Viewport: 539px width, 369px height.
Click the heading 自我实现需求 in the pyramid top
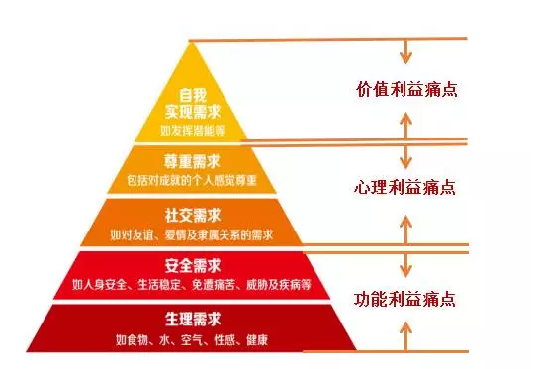193,104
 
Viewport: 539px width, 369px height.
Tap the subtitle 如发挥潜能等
193,130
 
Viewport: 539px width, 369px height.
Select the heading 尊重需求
192,161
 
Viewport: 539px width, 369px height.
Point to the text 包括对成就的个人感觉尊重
192,180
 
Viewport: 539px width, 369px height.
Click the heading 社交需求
193,216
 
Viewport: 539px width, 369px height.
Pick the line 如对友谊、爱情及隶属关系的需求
192,234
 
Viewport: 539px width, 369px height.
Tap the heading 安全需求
193,266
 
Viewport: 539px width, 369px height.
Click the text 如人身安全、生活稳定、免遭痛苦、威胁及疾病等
192,284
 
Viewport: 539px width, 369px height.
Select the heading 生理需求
193,320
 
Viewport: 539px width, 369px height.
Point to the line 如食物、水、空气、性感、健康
192,340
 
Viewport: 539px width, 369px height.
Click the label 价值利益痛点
407,90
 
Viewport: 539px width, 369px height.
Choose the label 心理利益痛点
404,188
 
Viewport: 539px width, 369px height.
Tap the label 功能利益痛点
404,299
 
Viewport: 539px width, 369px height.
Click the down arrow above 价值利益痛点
406,51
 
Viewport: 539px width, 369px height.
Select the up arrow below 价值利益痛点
406,126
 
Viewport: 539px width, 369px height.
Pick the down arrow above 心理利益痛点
406,156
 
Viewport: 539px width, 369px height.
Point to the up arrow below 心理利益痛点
406,231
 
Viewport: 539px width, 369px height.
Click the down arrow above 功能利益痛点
406,265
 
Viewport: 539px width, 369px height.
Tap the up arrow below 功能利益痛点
406,336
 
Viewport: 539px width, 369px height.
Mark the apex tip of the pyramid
190,41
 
